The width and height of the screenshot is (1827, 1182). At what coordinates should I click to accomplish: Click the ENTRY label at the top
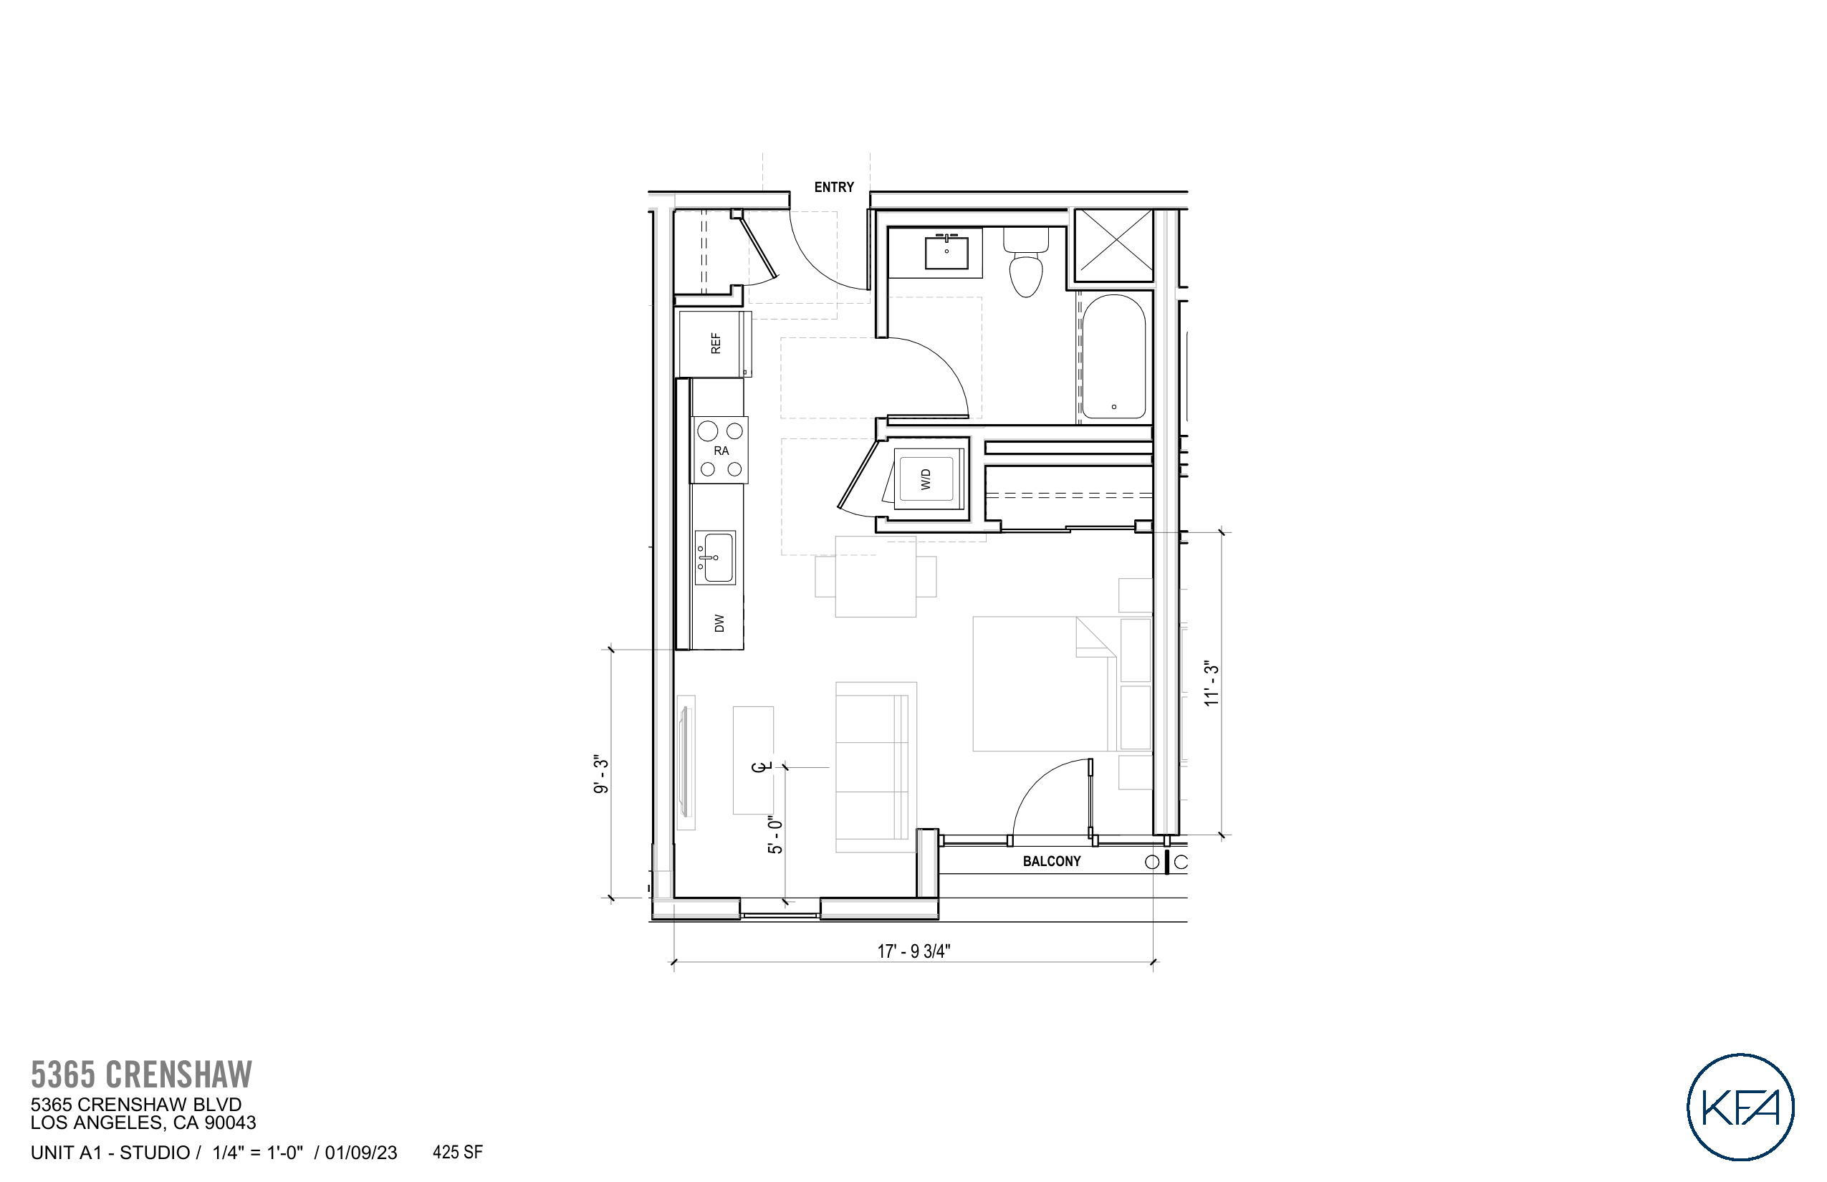coord(834,187)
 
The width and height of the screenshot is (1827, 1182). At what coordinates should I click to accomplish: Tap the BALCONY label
coord(1051,861)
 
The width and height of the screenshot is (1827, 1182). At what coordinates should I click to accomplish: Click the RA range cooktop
coord(720,450)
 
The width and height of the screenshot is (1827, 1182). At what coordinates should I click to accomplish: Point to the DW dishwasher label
coord(719,623)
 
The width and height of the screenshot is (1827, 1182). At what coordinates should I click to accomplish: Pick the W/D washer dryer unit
coord(926,480)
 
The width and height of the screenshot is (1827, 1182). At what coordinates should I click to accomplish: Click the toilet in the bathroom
coord(1025,265)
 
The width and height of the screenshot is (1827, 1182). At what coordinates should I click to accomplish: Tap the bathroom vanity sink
coord(946,252)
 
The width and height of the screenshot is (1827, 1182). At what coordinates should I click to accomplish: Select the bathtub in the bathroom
coord(1113,357)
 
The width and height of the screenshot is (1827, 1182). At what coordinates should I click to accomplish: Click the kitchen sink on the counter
coord(716,558)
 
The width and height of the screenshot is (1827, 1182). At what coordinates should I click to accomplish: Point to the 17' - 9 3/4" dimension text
coord(913,951)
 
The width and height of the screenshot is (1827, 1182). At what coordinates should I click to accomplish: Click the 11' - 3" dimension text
coord(1212,683)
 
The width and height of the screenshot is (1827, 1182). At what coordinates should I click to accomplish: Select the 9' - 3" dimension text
coord(601,774)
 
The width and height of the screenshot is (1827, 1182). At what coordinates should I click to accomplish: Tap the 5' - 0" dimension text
coord(775,835)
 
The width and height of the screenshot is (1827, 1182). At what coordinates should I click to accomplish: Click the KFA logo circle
coord(1740,1107)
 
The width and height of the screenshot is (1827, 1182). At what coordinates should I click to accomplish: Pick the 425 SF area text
coord(458,1152)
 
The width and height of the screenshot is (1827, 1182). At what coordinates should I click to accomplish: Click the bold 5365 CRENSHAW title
coord(141,1075)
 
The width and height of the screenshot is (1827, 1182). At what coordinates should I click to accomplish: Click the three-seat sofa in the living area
coord(876,767)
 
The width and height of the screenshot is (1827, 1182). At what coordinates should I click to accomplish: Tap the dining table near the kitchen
coord(875,577)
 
